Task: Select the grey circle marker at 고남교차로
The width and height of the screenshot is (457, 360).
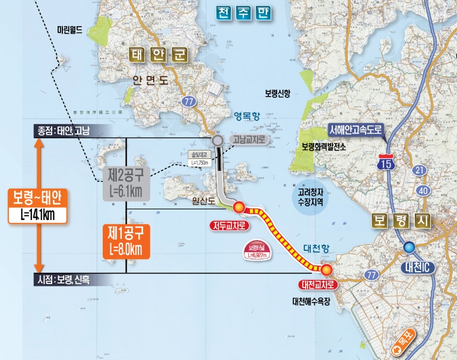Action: tap(218, 141)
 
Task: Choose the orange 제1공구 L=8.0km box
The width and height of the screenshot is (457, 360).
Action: tap(126, 240)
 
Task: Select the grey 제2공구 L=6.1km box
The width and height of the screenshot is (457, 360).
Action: tap(126, 181)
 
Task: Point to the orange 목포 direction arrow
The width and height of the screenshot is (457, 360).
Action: tap(410, 343)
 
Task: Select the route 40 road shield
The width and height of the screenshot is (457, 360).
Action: tap(422, 190)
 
